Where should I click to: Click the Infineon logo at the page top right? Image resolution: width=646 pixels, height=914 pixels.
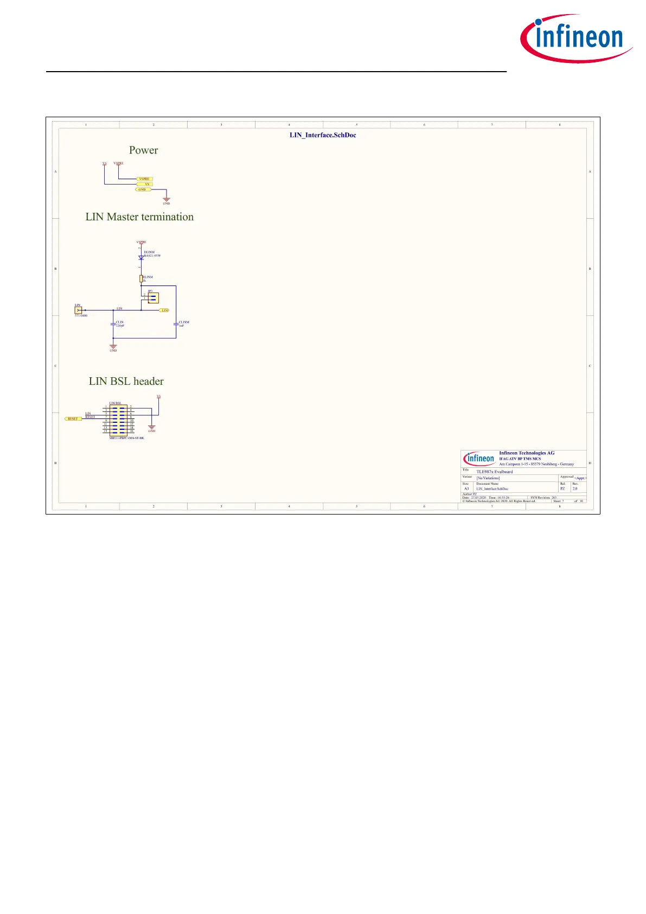tap(576, 38)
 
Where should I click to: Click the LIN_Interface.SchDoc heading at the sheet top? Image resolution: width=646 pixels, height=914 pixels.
tap(323, 135)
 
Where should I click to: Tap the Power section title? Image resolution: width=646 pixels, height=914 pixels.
tap(143, 150)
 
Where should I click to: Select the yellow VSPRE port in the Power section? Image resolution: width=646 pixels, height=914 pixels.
tap(144, 179)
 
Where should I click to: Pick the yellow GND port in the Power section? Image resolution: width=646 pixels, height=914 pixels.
tap(143, 189)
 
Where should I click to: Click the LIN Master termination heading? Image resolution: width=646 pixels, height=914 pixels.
tap(139, 217)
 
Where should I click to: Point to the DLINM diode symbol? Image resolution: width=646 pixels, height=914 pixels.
tap(141, 258)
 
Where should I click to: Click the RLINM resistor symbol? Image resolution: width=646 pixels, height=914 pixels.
tap(141, 278)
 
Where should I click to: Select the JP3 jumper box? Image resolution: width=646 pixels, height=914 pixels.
tap(153, 297)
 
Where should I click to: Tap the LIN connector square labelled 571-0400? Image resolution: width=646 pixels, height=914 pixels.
tap(78, 310)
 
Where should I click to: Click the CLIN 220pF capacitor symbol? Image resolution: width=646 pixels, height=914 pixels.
tap(113, 324)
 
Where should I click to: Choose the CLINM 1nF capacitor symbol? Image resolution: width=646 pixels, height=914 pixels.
tap(176, 324)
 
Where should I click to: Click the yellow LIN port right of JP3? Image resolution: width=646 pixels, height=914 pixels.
tap(165, 310)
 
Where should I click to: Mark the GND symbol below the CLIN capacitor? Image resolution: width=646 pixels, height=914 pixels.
tap(113, 347)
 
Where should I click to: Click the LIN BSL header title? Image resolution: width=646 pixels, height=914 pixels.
tap(126, 382)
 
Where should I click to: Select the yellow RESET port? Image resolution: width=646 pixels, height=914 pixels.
tap(73, 419)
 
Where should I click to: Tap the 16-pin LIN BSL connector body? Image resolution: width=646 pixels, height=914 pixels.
tap(118, 419)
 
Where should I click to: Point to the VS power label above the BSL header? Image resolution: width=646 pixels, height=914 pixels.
tap(158, 397)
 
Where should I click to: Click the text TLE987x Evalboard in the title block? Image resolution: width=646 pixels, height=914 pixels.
tap(494, 472)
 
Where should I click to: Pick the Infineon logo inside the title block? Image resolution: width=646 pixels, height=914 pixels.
tap(479, 458)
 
